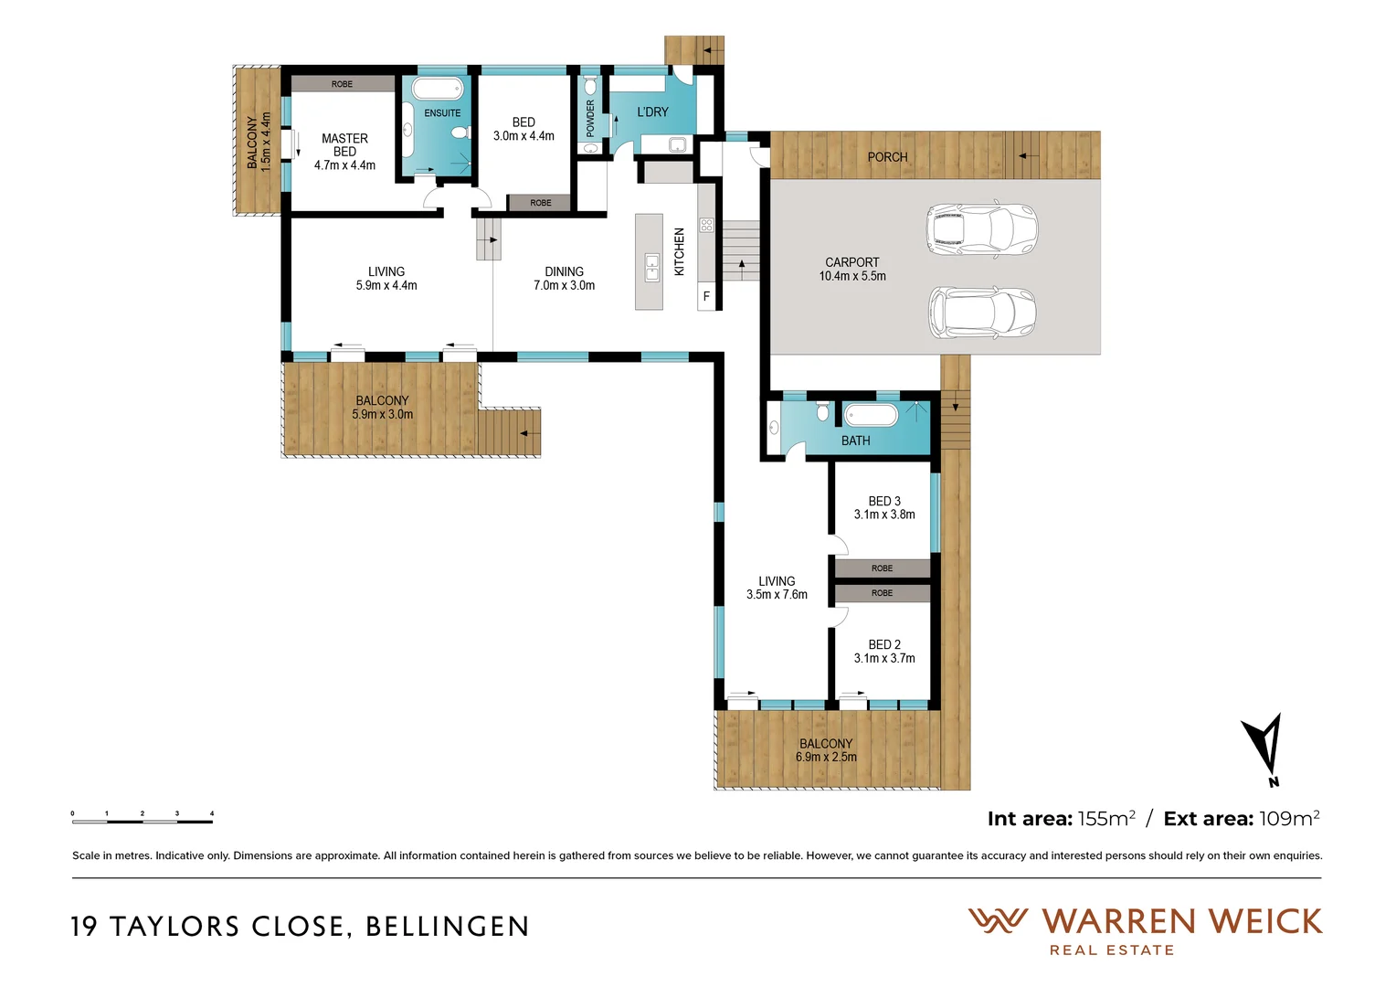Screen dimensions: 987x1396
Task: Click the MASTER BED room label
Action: (344, 145)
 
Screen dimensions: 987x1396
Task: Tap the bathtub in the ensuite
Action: (437, 89)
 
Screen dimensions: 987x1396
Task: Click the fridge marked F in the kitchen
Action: (706, 297)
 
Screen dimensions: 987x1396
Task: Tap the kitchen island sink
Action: (651, 267)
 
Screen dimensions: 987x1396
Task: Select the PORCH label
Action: (887, 157)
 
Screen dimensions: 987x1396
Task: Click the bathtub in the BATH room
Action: (871, 415)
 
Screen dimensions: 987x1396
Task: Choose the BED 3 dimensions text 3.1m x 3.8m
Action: (884, 515)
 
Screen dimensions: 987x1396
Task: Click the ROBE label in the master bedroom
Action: (342, 84)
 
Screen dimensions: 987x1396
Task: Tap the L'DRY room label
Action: (652, 111)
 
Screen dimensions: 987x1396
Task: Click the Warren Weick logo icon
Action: (998, 920)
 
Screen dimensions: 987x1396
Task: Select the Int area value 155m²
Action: (1106, 819)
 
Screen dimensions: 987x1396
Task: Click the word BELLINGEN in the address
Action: (447, 927)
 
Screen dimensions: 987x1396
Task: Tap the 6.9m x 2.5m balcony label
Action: (826, 757)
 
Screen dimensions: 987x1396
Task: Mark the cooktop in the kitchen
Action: (706, 225)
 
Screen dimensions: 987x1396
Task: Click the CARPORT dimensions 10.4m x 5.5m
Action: (852, 276)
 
